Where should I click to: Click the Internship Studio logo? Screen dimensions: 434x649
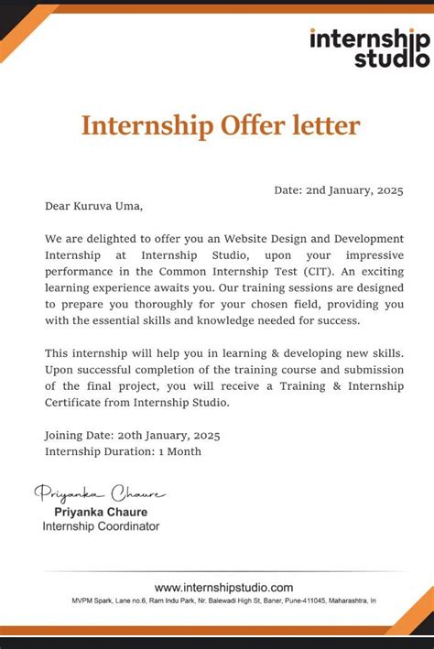coord(368,47)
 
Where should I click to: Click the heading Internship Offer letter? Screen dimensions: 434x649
coord(221,125)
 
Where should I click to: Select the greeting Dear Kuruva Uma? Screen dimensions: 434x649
coord(94,207)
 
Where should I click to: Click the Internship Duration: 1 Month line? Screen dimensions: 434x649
coord(123,451)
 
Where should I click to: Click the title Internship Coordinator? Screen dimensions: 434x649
coord(101,526)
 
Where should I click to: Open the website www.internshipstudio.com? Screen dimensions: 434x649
coord(223,587)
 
